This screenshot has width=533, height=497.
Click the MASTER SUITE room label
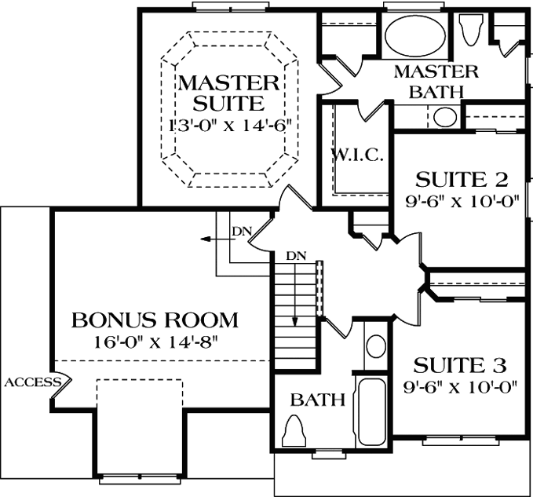point(228,92)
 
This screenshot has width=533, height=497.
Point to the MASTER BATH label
point(436,81)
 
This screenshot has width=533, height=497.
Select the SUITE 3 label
point(459,365)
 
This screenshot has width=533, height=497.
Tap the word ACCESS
point(33,382)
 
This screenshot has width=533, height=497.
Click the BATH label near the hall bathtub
point(318,400)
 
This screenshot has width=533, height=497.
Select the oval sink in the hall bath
point(377,346)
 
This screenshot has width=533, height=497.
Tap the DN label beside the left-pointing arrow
point(240,232)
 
